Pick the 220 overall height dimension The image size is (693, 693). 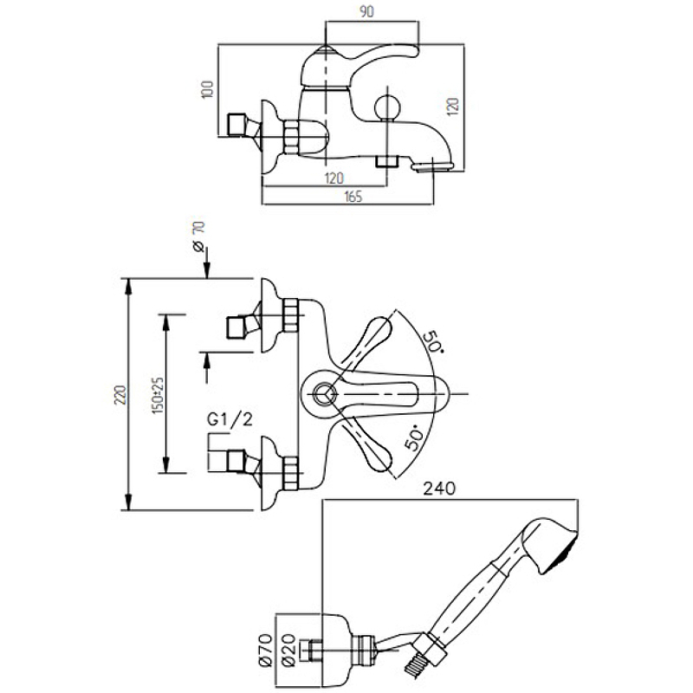point(120,395)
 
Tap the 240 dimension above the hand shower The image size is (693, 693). point(439,489)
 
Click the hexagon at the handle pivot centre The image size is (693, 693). point(322,394)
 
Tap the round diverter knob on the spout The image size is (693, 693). point(386,110)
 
